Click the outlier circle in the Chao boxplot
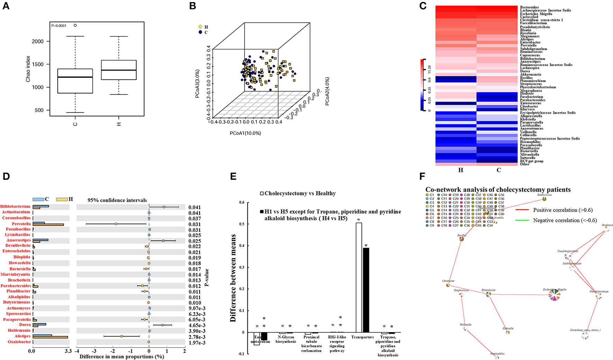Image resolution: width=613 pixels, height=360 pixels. tap(75, 25)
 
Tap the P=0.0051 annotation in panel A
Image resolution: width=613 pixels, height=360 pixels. tap(59, 26)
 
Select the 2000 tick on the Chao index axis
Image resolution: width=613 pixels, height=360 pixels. tap(38, 41)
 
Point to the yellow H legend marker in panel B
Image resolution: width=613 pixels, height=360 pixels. tap(200, 27)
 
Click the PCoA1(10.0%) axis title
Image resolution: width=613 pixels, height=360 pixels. tap(245, 133)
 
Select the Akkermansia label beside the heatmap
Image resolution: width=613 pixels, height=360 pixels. tap(530, 74)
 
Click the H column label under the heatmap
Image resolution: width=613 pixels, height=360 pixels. tap(460, 170)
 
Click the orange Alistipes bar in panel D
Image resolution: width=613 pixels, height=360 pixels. tap(50, 337)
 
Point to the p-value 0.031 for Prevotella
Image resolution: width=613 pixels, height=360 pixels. tap(194, 224)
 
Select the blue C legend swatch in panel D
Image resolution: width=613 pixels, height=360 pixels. tap(38, 200)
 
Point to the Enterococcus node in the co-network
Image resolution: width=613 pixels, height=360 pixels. tap(544, 199)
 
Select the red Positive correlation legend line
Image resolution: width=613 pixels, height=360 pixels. tap(522, 210)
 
